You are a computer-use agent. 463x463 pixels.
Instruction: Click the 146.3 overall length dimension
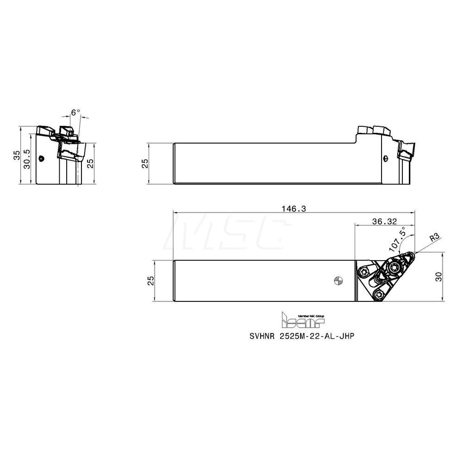click(x=294, y=209)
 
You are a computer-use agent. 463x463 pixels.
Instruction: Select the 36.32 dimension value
click(x=383, y=222)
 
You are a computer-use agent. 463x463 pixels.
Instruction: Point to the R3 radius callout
click(x=434, y=238)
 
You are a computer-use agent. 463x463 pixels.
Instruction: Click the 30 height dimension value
click(x=439, y=277)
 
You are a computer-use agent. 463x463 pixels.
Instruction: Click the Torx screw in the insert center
click(x=394, y=267)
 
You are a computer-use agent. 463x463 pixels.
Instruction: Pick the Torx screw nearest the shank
click(x=364, y=272)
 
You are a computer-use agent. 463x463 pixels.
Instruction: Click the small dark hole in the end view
click(x=42, y=158)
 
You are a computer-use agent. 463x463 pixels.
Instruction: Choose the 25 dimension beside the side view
click(x=144, y=163)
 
